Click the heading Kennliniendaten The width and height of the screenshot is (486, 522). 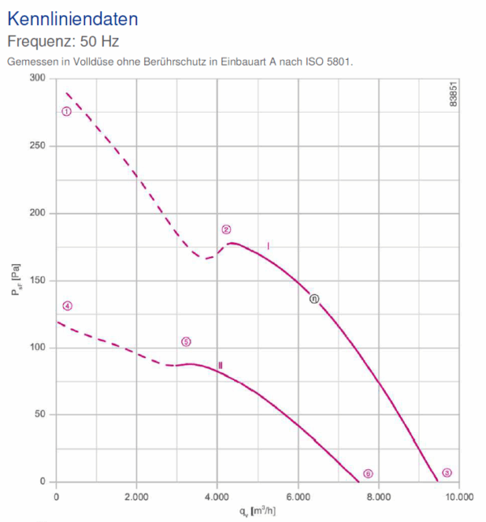point(72,18)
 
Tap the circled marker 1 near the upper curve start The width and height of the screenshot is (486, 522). point(66,111)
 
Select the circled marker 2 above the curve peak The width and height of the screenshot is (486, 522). point(227,229)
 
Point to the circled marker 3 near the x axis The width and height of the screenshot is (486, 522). point(447,473)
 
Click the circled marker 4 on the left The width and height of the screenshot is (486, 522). point(67,306)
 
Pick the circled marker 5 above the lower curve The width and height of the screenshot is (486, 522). point(186,342)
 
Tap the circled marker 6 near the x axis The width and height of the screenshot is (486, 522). point(368,473)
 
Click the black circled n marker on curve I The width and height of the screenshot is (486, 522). point(315,298)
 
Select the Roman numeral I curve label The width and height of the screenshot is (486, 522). point(268,245)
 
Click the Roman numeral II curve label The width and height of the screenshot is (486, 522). point(220,366)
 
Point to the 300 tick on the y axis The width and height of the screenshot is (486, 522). point(37,79)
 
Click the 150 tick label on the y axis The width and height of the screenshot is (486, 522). point(37,280)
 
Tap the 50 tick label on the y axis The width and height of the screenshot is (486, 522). point(40,415)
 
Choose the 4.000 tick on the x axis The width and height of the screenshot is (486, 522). point(216,496)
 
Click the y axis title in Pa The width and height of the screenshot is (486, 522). point(16,280)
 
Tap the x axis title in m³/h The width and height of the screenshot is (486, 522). point(257,511)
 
